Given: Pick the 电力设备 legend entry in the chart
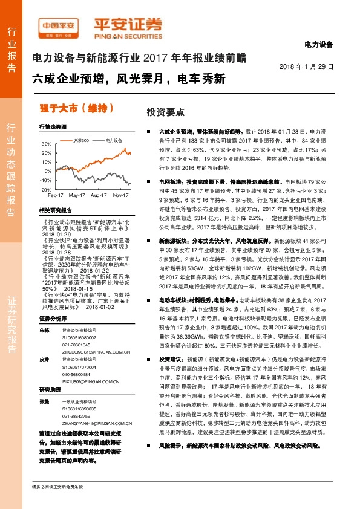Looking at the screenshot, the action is click(x=114, y=140).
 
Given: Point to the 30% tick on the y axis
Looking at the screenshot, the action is click(x=47, y=144).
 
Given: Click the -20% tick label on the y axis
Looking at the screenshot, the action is click(x=46, y=189).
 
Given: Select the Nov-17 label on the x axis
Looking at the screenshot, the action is click(x=122, y=196).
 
